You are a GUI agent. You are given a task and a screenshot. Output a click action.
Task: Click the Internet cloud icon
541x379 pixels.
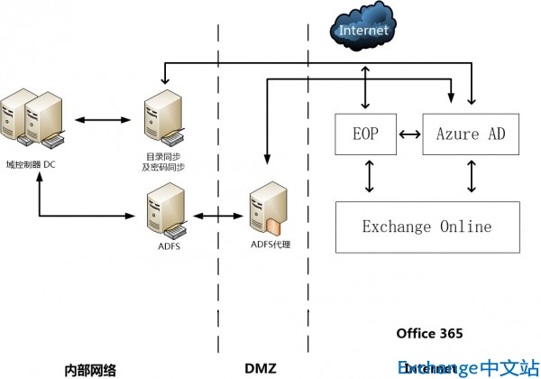363,29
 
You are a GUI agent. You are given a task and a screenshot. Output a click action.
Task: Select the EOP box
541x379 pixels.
365,134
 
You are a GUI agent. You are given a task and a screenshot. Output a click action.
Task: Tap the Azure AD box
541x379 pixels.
471,134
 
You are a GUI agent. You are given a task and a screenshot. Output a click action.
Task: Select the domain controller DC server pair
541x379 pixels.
34,120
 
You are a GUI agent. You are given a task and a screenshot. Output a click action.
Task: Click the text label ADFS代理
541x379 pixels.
270,244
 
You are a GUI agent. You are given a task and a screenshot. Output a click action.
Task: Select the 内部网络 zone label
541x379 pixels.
90,369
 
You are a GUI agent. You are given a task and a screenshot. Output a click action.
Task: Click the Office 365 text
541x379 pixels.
429,333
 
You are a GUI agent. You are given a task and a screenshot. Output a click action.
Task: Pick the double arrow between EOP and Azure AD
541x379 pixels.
409,134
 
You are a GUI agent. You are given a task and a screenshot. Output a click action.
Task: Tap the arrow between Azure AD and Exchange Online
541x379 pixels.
472,177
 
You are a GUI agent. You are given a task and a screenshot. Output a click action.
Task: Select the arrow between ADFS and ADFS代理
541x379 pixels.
216,216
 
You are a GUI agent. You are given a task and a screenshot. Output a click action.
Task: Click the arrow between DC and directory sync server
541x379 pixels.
97,119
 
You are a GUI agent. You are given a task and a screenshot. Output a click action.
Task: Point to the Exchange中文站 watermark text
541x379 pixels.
467,367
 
